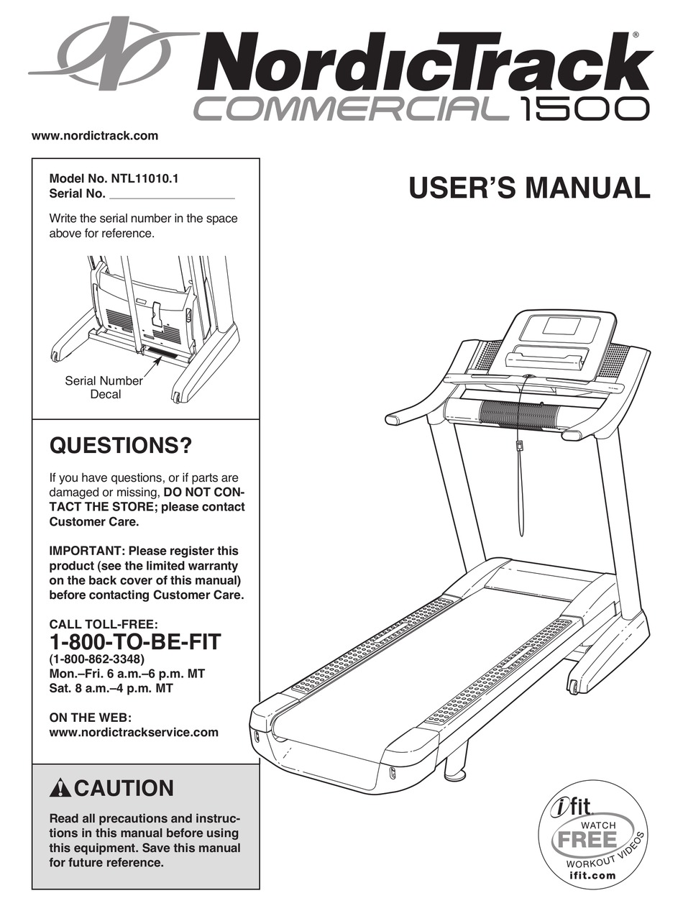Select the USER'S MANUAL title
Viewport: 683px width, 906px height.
pyautogui.click(x=529, y=188)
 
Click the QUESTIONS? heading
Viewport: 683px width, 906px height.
pyautogui.click(x=121, y=447)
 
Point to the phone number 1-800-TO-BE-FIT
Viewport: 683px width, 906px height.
pyautogui.click(x=135, y=641)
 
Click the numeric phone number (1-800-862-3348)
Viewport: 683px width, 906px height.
pyautogui.click(x=97, y=659)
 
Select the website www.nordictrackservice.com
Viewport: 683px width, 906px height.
pyautogui.click(x=133, y=732)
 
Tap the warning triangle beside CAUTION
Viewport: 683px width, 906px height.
pyautogui.click(x=60, y=789)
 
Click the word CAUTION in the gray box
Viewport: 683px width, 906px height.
pyautogui.click(x=124, y=789)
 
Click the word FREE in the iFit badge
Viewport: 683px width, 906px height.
pyautogui.click(x=585, y=839)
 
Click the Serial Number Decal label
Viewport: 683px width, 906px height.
pyautogui.click(x=104, y=388)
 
